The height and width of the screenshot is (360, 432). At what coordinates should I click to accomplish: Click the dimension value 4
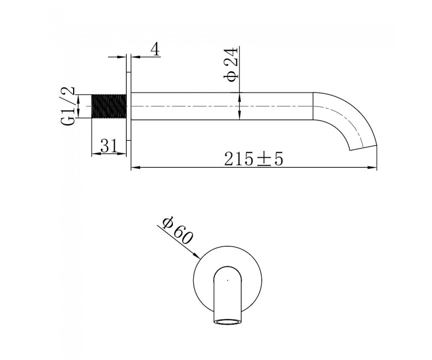click(155, 50)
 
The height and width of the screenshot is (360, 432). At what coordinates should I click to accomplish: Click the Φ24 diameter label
click(230, 65)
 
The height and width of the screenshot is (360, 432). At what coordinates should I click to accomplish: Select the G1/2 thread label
click(68, 106)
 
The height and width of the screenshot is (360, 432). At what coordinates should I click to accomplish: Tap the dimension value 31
click(109, 146)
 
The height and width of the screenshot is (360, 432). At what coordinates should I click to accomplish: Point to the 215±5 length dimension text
click(254, 159)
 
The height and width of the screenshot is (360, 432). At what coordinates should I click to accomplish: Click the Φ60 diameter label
click(177, 230)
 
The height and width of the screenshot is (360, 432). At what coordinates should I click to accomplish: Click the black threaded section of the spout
click(109, 106)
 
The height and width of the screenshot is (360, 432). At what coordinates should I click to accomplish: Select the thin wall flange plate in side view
click(128, 106)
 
